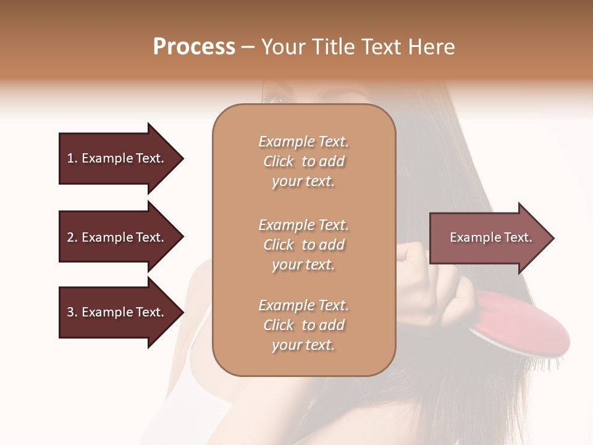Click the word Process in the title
coord(194,47)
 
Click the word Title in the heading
coord(334,47)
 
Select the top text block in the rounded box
coord(303,161)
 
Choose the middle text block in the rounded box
coord(303,245)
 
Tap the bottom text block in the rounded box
coord(303,325)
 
